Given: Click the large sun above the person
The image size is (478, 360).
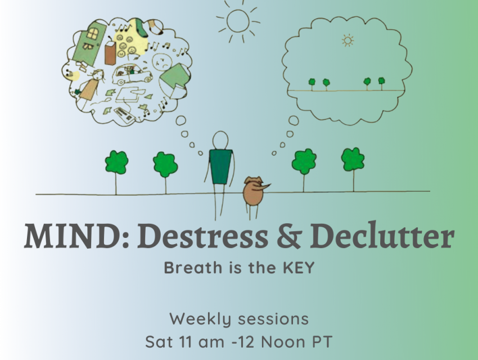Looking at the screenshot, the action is [238, 21].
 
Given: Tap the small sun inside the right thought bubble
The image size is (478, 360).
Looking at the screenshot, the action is [348, 40].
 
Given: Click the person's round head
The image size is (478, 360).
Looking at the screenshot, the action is [220, 140].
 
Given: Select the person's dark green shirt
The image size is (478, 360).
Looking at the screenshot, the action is [220, 166].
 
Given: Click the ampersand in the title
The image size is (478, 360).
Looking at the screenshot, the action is [289, 236].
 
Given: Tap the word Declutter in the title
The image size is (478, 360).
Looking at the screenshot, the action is [382, 236].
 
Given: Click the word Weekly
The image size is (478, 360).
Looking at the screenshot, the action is [200, 319].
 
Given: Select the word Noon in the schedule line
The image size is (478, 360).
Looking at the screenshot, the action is [283, 341].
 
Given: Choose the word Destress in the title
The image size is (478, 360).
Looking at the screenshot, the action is [202, 236].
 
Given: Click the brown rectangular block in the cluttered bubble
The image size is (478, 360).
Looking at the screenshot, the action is [110, 53].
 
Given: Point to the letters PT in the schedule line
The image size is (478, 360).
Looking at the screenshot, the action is [321, 341].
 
